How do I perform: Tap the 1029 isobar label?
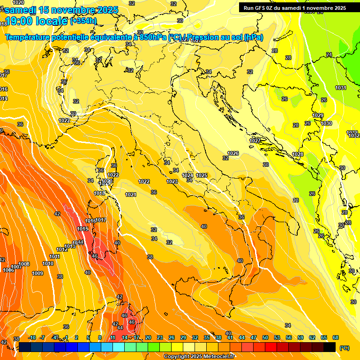click(x=318, y=116)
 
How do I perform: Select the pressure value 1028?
click(x=298, y=155)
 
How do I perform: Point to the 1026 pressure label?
click(x=233, y=154)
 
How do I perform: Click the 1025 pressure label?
click(x=202, y=175)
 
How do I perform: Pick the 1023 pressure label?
click(x=172, y=181)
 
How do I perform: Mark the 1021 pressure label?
click(x=131, y=195)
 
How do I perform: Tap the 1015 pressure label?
click(x=82, y=229)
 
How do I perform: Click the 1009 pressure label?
click(x=37, y=273)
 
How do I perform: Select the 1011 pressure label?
click(x=54, y=256)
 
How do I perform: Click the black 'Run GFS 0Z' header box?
click(x=294, y=7)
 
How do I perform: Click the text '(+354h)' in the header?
click(x=83, y=21)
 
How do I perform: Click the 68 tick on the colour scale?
click(x=336, y=337)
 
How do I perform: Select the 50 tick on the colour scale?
click(x=265, y=337)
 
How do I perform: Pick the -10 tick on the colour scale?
click(x=32, y=337)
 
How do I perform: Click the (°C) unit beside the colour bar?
click(x=345, y=347)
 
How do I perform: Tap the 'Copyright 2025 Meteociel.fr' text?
click(x=199, y=356)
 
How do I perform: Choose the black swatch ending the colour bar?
click(x=330, y=347)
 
